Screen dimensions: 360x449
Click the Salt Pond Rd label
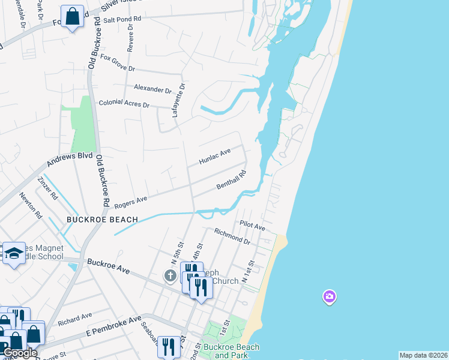122,19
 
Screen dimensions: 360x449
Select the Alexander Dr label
152,89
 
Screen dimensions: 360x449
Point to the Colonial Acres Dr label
124,104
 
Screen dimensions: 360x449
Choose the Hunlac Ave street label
215,157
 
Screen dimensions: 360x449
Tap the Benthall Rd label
232,181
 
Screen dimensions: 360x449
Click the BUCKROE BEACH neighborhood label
102,220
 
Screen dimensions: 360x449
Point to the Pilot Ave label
252,227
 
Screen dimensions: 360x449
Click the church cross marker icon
170,275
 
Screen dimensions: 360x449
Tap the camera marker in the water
329,296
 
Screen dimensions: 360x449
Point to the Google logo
19,353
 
